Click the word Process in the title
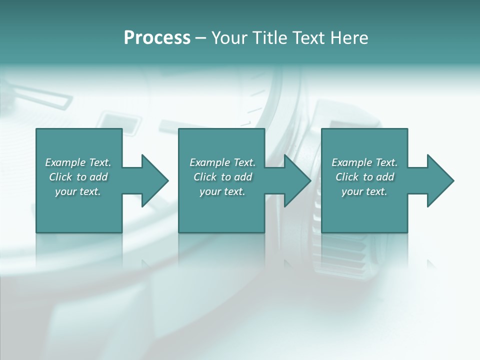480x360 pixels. [x=157, y=38]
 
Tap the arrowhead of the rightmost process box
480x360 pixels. [x=439, y=180]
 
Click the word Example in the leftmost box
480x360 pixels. [x=65, y=162]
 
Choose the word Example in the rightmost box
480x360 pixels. [x=352, y=162]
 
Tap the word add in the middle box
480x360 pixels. [x=243, y=177]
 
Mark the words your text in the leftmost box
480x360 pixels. [x=78, y=191]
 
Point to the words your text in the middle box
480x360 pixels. [x=222, y=191]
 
